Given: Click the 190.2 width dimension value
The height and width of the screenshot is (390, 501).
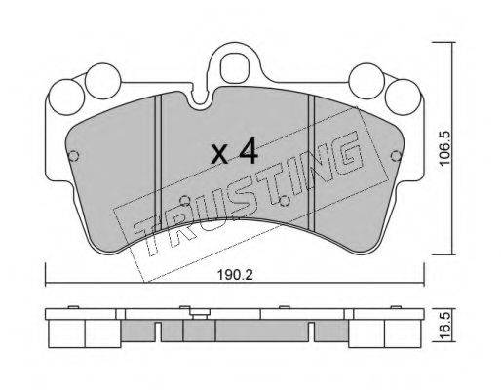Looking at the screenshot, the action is click(235, 275).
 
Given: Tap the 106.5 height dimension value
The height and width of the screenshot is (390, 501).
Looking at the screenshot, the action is click(444, 147).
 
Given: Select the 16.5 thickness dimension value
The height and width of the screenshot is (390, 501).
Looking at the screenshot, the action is click(445, 325).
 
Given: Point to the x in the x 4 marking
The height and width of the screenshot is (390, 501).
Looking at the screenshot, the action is click(220, 155).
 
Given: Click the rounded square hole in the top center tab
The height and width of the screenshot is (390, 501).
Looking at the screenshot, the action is click(234, 69).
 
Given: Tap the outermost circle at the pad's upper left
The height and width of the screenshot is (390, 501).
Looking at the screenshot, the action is click(66, 97).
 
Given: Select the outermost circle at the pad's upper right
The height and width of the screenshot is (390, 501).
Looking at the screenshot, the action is click(403, 97).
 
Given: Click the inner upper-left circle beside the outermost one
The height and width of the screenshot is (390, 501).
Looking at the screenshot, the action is click(103, 81).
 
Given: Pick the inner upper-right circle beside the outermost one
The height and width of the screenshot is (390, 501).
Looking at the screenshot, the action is click(366, 81).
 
